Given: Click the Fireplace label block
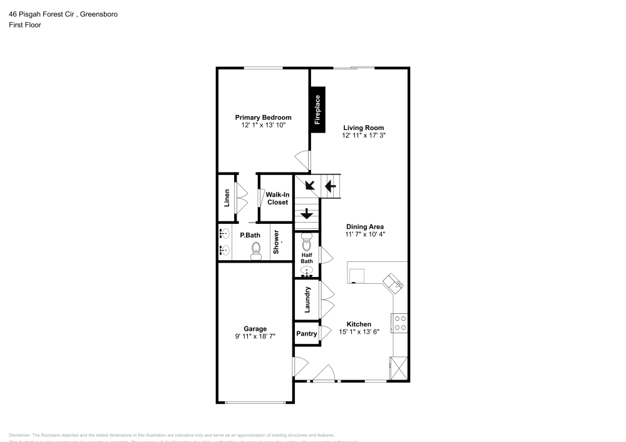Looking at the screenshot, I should point(317,109).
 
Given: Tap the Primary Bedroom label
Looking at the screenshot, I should point(263,118).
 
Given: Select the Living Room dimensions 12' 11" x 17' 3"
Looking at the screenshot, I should point(363,136).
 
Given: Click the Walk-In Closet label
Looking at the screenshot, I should point(277,198).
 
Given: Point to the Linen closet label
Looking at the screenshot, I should point(227,198).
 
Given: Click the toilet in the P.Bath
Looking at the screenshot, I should point(255,251).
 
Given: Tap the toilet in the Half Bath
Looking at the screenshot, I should point(307,241).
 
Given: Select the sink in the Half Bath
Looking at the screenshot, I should point(307,271).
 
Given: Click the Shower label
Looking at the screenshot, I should point(276,242).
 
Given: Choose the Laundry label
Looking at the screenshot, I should point(307,299).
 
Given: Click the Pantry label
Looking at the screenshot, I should point(306,334).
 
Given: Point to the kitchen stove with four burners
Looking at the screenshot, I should point(399,323).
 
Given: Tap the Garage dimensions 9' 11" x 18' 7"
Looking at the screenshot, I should point(255,336).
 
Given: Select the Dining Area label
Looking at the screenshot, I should point(364,227).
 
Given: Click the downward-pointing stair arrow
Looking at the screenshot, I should point(307,214).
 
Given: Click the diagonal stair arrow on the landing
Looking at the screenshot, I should point(309,184).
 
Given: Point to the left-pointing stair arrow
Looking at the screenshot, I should point(330,186).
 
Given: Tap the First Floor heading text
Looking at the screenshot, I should point(25,25).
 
